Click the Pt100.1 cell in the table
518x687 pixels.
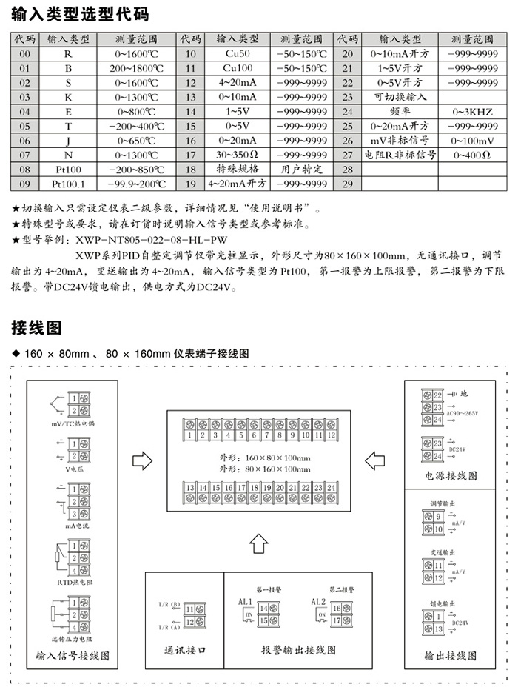click(x=68, y=184)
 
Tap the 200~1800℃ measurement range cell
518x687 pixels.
click(x=136, y=68)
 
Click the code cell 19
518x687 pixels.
click(x=190, y=184)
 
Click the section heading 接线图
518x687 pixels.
click(x=36, y=326)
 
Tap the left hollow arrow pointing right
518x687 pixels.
click(x=141, y=460)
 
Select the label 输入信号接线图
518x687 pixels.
click(x=73, y=655)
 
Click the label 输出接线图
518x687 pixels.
click(x=451, y=655)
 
